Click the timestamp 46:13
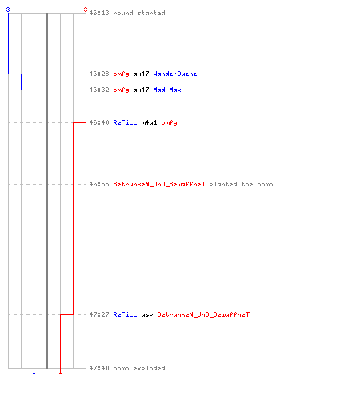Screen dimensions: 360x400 tap(99, 13)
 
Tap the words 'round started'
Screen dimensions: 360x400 tap(139, 13)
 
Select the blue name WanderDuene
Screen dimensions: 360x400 tap(175, 74)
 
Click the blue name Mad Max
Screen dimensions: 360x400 tap(167, 90)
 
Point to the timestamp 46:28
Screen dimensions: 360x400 tap(99, 74)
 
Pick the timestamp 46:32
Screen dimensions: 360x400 tap(99, 90)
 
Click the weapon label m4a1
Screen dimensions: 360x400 tap(149, 122)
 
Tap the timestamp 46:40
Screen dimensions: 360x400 tap(99, 122)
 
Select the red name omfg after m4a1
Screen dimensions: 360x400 tap(169, 122)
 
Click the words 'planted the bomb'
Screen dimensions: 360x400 tap(241, 184)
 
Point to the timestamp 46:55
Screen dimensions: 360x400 tap(99, 184)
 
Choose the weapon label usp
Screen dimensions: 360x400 tap(147, 315)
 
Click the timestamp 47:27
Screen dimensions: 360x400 tap(99, 314)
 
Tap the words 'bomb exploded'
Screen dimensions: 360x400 tap(139, 368)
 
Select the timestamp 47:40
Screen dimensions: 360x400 tap(99, 368)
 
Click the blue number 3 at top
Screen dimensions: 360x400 tap(8, 10)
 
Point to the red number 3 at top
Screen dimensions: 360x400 tap(86, 10)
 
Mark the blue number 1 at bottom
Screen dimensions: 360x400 tap(34, 371)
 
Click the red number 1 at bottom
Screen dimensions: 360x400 tap(60, 371)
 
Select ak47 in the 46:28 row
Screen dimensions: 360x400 tap(141, 74)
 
